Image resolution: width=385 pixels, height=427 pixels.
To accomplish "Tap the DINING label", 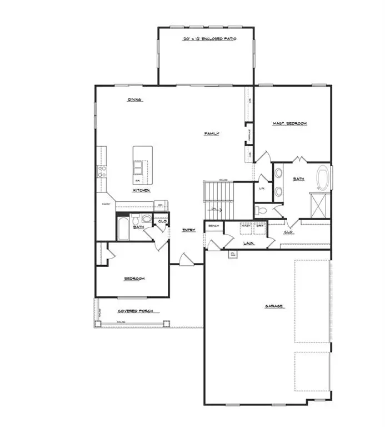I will [x=135, y=100].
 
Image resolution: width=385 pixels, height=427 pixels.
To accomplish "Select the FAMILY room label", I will [x=212, y=134].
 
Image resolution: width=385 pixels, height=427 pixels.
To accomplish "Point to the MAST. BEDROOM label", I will [x=289, y=123].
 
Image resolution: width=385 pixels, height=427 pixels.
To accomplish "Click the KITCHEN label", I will [x=141, y=190].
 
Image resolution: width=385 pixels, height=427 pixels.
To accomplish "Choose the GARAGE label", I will [x=274, y=306].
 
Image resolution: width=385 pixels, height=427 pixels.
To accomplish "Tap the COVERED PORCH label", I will [x=135, y=311].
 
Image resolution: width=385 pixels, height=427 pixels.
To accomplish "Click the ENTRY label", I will [x=188, y=230].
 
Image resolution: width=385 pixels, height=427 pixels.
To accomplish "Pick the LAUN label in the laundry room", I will [x=248, y=243].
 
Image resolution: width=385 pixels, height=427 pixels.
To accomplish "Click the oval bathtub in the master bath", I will [x=322, y=178].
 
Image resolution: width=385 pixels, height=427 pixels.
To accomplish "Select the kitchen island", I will [x=142, y=165].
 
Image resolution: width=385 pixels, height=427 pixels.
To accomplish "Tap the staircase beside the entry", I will [x=220, y=200].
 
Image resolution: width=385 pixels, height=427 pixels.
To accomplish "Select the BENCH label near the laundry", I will [x=213, y=226].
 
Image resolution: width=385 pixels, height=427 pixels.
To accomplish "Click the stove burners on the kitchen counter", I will [x=102, y=172].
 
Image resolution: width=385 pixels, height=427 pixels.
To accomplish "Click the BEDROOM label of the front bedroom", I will [x=134, y=279].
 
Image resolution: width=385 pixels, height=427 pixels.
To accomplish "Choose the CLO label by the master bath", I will [x=289, y=232].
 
